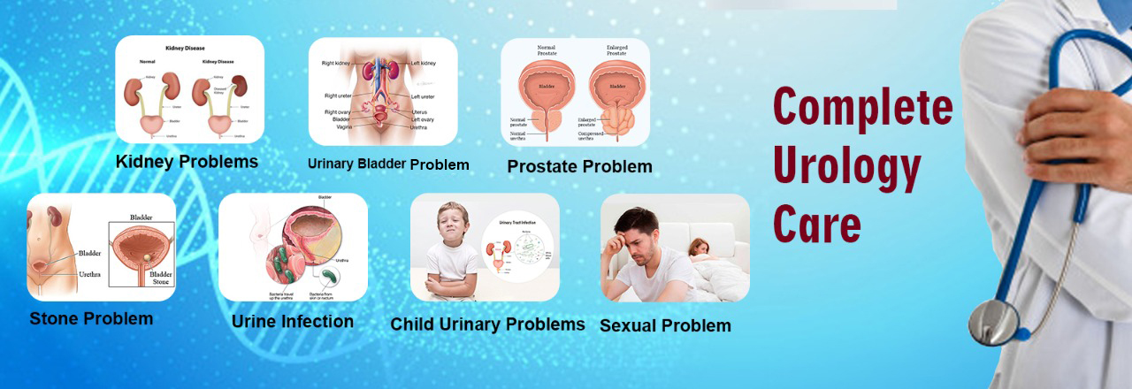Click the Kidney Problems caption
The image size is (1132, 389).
point(187,162)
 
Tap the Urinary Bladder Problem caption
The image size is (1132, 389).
point(388,164)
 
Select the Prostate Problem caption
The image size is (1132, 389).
point(579,166)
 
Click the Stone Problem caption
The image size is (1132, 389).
point(91,318)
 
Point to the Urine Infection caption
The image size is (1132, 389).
point(292,321)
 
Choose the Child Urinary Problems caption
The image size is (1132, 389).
point(487,324)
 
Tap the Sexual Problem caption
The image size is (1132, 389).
point(665,325)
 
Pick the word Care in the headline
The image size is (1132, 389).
point(816,223)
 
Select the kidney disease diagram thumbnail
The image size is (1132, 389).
point(189,89)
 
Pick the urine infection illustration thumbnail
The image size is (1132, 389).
point(293,248)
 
